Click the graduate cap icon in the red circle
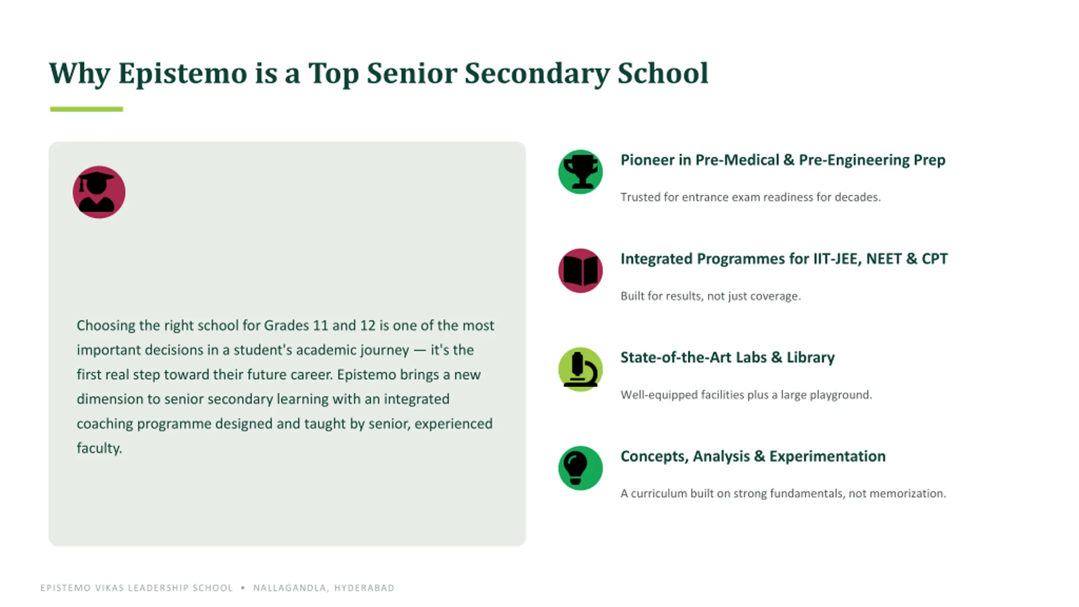pyautogui.click(x=97, y=192)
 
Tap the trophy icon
pyautogui.click(x=580, y=172)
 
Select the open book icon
pyautogui.click(x=580, y=271)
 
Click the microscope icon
pyautogui.click(x=580, y=369)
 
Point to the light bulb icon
pyautogui.click(x=575, y=468)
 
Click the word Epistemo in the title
pyautogui.click(x=183, y=74)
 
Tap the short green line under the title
pyautogui.click(x=86, y=109)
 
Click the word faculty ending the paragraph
pyautogui.click(x=99, y=448)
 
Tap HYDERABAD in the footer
pyautogui.click(x=364, y=588)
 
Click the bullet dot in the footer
pyautogui.click(x=243, y=588)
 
